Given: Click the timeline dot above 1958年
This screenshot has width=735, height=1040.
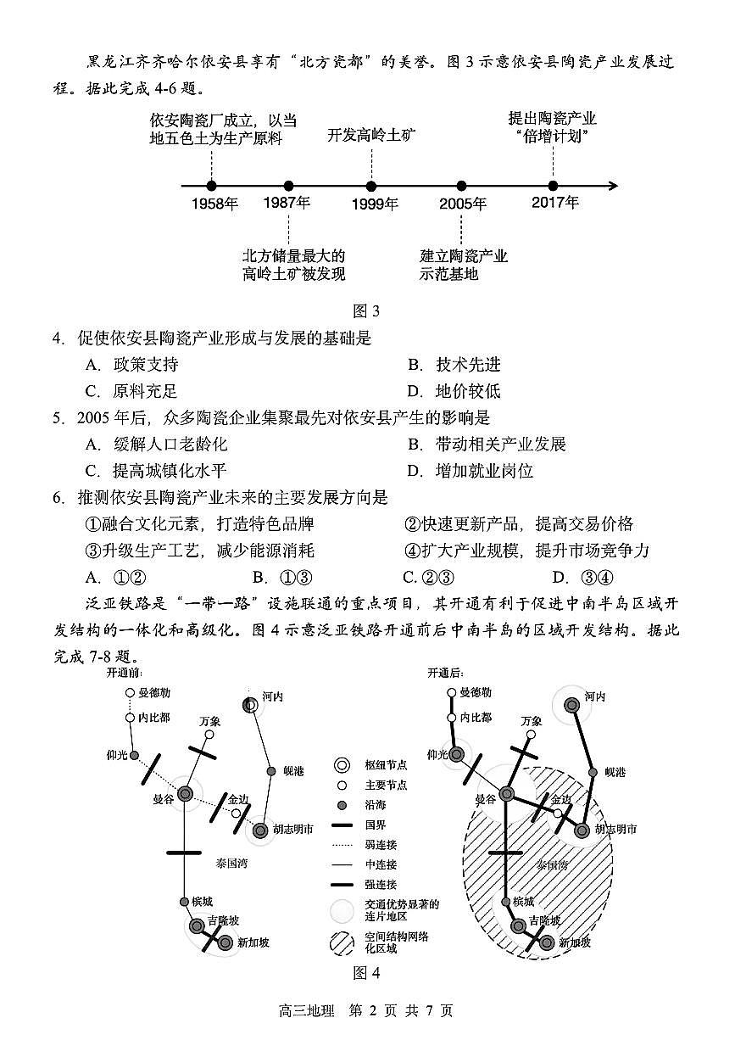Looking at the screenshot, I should pos(211,186).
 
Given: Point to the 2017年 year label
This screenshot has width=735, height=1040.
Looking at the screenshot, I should pos(555,203).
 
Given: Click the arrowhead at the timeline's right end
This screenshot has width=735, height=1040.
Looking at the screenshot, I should pos(613,186).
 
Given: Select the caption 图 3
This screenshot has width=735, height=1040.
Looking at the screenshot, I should pos(366,310).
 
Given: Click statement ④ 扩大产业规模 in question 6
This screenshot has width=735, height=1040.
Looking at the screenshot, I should pos(526,551).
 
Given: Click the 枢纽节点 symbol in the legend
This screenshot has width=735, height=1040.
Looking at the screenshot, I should pos(342,764).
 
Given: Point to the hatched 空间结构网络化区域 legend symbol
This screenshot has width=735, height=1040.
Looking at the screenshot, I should pos(342,942).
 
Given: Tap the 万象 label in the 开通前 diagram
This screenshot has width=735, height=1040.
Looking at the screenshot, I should pos(210,721).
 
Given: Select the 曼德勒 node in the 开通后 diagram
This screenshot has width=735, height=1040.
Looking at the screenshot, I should pos(453,693).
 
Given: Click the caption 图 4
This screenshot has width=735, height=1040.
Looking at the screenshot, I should pos(366,972).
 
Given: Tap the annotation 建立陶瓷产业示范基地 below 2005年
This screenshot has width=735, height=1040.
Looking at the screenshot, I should pos(463,265).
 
